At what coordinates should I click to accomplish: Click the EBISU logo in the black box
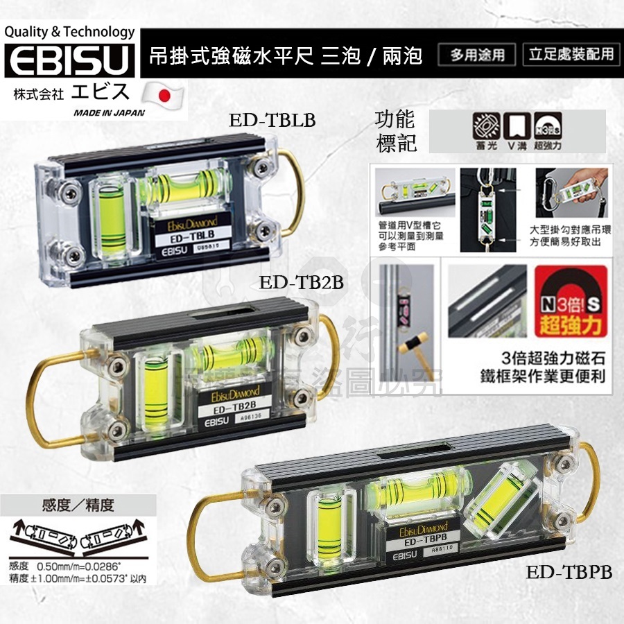click(69, 61)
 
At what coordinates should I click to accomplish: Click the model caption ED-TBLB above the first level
click(272, 121)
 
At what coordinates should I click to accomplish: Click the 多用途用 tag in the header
click(477, 55)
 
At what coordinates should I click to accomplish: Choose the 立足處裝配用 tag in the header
click(569, 55)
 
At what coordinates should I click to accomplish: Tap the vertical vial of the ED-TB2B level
click(159, 384)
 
